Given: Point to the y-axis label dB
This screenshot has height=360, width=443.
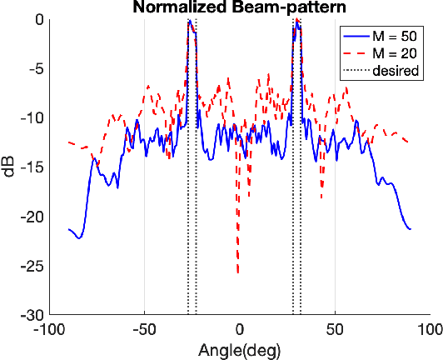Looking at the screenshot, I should [9, 167].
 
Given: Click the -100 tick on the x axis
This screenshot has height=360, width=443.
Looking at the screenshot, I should [49, 330].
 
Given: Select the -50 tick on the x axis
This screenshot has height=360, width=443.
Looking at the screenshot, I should [144, 330].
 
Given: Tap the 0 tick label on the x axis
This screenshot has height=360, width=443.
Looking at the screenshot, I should [240, 330].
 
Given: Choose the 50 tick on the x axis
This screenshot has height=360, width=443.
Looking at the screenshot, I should [335, 330].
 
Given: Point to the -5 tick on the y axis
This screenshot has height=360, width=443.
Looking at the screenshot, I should [35, 69].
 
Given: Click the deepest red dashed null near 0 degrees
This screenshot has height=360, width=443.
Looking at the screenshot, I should [238, 272].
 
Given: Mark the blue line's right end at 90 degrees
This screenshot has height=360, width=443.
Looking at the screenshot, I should [411, 228].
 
